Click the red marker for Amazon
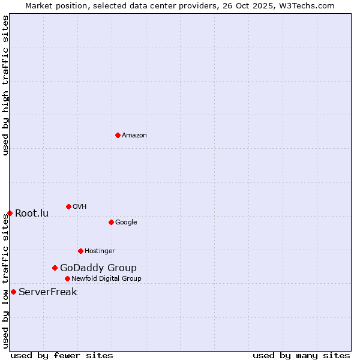(118, 135)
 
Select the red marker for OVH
(68, 206)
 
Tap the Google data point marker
(111, 222)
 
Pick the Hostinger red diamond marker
(80, 251)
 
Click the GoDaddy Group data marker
(55, 268)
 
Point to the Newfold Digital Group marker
(67, 278)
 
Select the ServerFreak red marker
(13, 292)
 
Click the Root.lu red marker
(10, 213)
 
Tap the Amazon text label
(134, 135)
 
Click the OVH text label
(80, 206)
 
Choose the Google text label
(126, 222)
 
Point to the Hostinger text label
(100, 251)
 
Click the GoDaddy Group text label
(98, 268)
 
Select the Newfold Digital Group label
(106, 278)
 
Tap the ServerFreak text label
(48, 292)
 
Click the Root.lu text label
(32, 213)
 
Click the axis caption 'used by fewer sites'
(62, 355)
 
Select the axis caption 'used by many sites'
(301, 355)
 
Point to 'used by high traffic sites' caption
(6, 85)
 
